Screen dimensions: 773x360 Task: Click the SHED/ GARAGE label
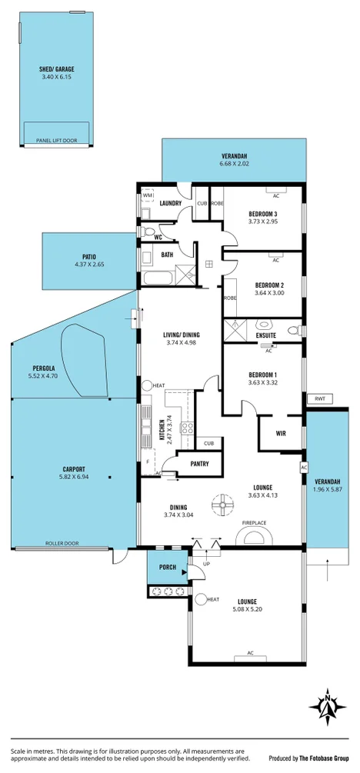click(56, 69)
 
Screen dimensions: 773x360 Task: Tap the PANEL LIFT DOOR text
click(56, 141)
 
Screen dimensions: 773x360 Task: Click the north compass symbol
click(328, 705)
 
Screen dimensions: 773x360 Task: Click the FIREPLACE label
click(254, 523)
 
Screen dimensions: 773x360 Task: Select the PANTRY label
click(199, 463)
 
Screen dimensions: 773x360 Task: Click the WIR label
click(281, 433)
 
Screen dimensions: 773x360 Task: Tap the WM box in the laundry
click(147, 195)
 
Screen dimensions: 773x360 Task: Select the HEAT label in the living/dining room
click(159, 385)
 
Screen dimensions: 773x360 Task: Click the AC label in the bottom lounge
click(249, 653)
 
